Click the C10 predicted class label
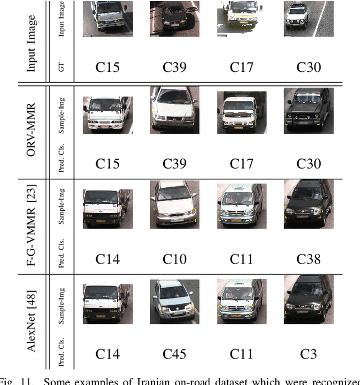point(174,259)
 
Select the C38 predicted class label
point(309,259)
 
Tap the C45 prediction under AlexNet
point(174,354)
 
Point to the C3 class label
point(309,354)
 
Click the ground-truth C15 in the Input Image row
point(107,67)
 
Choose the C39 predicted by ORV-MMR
point(174,164)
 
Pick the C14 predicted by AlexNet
point(107,354)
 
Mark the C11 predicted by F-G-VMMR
point(242,259)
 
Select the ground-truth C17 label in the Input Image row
point(242,67)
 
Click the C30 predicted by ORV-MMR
point(309,164)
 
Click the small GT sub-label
point(62,67)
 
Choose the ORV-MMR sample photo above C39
point(174,110)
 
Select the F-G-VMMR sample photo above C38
point(308,205)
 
